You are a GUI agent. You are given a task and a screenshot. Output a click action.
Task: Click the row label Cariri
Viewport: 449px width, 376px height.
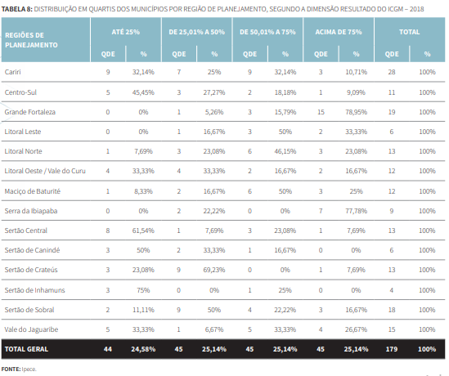13,73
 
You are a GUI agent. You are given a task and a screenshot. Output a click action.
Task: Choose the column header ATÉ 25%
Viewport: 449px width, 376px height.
125,30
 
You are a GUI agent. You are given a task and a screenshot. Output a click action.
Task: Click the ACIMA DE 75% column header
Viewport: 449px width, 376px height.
338,30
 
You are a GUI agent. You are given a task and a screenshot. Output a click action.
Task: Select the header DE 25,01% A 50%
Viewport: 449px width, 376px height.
196,30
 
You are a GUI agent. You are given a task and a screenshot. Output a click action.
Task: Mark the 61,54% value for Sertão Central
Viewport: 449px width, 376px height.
143,230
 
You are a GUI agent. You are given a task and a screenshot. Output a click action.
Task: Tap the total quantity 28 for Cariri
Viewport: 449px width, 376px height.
391,73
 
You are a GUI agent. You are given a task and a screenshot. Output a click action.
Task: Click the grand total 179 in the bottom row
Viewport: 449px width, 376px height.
391,349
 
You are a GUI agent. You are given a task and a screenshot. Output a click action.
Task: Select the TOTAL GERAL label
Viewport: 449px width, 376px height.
27,349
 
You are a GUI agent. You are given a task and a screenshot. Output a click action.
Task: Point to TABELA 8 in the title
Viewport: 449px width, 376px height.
17,7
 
